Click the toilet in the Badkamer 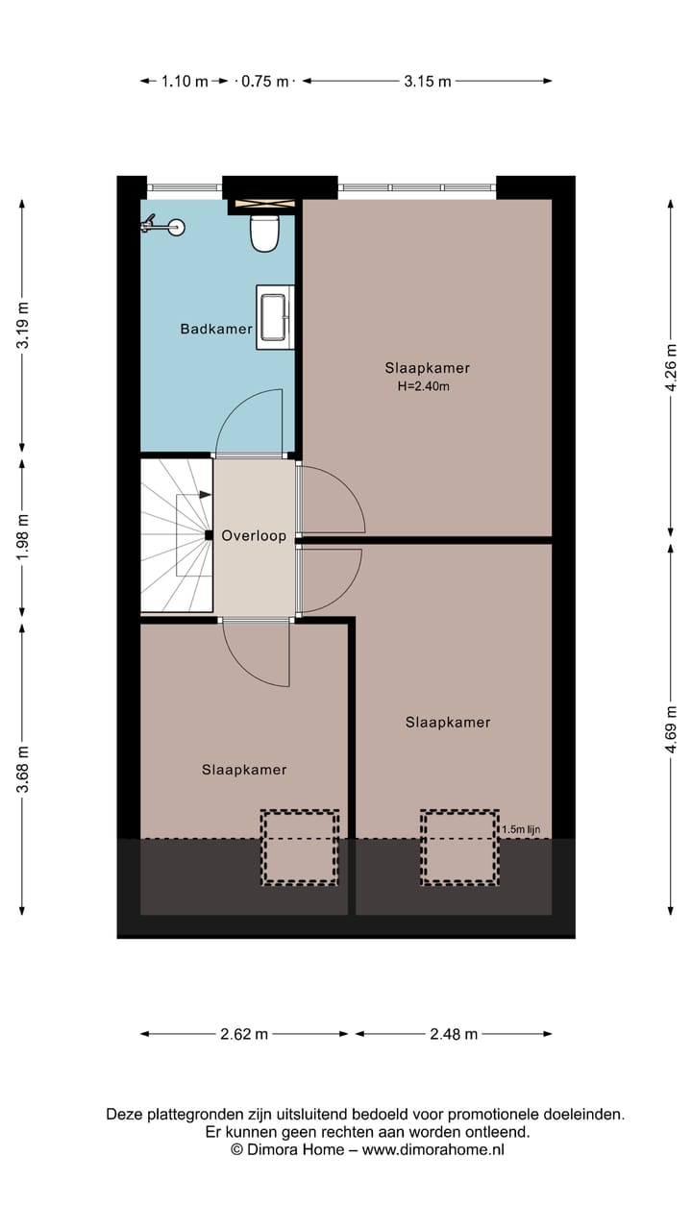(264, 233)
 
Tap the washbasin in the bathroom (275, 317)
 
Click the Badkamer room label (216, 330)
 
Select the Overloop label (254, 536)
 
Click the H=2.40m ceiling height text (424, 387)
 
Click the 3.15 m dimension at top (427, 82)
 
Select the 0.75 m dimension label (264, 82)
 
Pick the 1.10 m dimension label (184, 82)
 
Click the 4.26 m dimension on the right (671, 367)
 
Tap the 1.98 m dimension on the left (23, 536)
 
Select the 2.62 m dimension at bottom (244, 1034)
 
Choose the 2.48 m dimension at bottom (454, 1034)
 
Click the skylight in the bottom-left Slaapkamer (300, 848)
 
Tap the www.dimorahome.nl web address (432, 1149)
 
